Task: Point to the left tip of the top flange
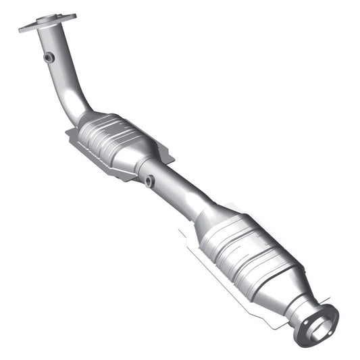tap(22, 28)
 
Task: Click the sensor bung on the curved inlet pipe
tap(49, 58)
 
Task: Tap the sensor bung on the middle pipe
tap(149, 181)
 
